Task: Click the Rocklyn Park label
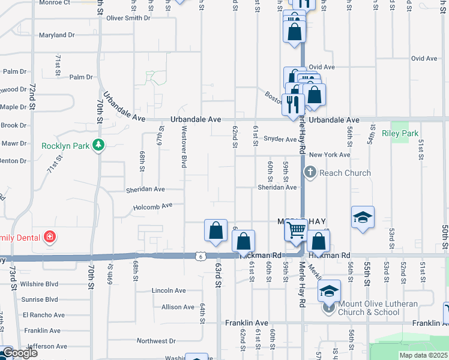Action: coord(65,146)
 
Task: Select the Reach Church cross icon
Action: coord(310,173)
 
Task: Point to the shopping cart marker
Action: coord(297,229)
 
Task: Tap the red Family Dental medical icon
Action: coord(50,238)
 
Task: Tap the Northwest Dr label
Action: coord(155,341)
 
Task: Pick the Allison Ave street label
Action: coord(178,307)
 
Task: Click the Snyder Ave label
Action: coord(280,139)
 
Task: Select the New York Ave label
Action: coord(330,155)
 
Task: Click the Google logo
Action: coord(20,353)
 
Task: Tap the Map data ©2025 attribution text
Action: coord(424,355)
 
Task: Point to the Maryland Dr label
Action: coord(56,35)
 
